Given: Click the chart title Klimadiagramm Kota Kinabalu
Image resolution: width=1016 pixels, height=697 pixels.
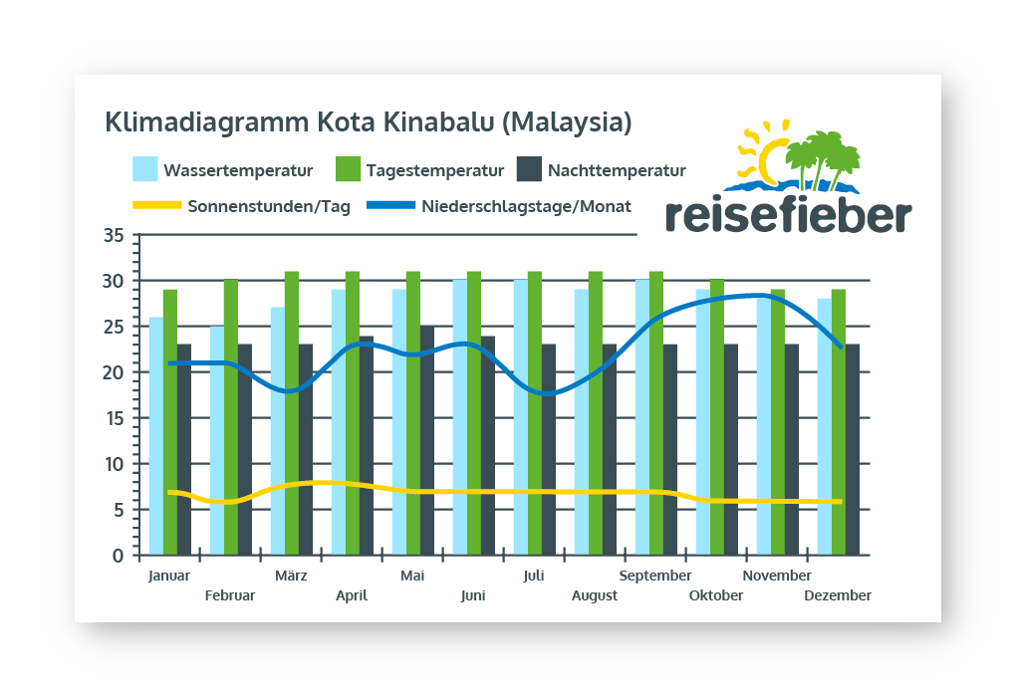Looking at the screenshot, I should click(x=369, y=123).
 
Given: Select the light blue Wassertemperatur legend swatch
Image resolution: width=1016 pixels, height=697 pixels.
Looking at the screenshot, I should click(x=145, y=169).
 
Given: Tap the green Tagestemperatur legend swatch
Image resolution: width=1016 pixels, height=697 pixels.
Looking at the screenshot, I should click(x=348, y=169).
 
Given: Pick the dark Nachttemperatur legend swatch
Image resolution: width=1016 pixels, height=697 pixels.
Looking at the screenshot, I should click(x=529, y=169).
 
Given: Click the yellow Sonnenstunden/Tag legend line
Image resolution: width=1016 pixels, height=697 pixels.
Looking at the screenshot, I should click(x=156, y=207).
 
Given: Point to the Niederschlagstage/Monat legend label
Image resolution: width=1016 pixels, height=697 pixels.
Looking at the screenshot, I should click(x=526, y=207).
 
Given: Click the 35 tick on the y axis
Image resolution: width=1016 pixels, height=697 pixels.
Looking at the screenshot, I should click(x=114, y=236).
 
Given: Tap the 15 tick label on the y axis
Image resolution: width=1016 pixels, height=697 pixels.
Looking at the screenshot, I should click(x=114, y=418).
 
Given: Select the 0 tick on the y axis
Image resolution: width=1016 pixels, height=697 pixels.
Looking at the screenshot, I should click(x=119, y=556).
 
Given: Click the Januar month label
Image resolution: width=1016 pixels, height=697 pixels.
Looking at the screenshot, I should click(x=168, y=576).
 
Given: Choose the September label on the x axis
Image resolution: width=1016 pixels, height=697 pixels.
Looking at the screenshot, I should click(x=655, y=576).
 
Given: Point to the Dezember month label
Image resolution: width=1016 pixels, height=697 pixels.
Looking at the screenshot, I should click(x=837, y=595).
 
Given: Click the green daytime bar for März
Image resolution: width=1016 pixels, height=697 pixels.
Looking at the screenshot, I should click(x=292, y=413).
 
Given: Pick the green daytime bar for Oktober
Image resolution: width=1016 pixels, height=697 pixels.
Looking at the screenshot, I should click(x=717, y=417).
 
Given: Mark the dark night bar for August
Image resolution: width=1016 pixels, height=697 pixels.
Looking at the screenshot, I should click(x=610, y=449).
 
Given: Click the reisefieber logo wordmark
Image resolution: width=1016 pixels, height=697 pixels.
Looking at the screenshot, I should click(x=788, y=215).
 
